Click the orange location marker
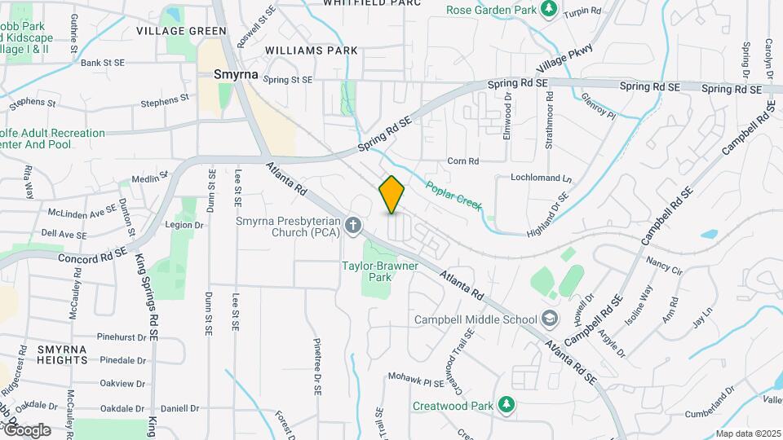pos(392,195)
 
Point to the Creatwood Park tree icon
pos(507,405)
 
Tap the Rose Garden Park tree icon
pos(549,9)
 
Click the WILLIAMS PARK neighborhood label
pos(312,51)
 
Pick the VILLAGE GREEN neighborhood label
pos(181,31)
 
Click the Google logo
pos(27,429)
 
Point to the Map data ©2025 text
pos(748,433)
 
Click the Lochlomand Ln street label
pos(542,178)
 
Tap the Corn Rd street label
pos(462,161)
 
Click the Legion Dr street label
pos(184,225)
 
